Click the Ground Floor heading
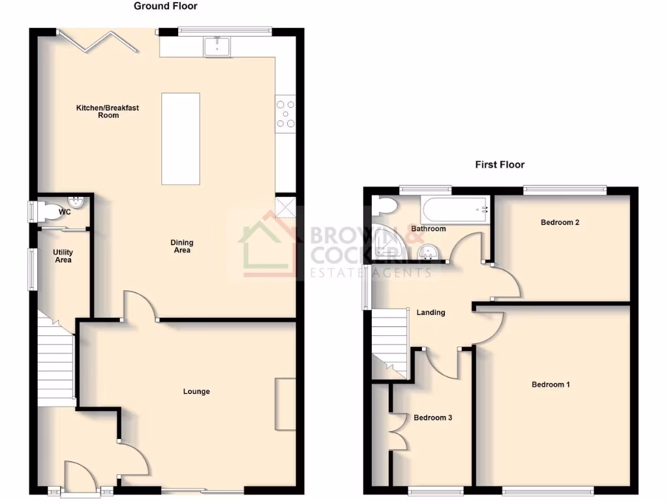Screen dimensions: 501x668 (165, 7)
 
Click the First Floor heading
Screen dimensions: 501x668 (500, 165)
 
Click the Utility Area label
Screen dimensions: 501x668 (63, 256)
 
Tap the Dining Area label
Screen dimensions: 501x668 (182, 247)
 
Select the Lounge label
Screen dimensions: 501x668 (196, 391)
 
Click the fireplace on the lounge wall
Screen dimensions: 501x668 (285, 403)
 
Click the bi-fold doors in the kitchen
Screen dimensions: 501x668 (97, 40)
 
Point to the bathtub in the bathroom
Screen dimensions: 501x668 (455, 209)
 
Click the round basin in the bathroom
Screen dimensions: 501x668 (429, 250)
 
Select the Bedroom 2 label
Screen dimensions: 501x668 (560, 222)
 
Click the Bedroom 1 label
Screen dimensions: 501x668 (551, 385)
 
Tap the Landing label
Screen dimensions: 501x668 (431, 312)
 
